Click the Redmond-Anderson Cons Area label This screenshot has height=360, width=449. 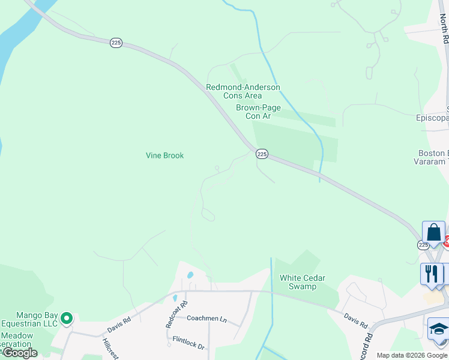click(x=243, y=91)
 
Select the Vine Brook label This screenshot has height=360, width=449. click(x=164, y=155)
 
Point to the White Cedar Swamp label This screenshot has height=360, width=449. click(x=298, y=282)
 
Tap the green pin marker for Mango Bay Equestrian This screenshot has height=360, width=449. click(x=67, y=317)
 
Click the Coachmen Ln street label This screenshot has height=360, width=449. click(x=206, y=319)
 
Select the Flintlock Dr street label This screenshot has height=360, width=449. click(x=188, y=347)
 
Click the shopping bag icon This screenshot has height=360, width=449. click(x=433, y=233)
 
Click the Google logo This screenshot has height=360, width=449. click(x=19, y=353)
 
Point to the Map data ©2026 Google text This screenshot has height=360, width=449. click(x=412, y=355)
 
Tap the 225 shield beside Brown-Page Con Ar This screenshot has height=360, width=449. click(x=262, y=154)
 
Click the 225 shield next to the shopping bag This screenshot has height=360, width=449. click(x=423, y=245)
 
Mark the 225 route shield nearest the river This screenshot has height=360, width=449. click(x=116, y=43)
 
